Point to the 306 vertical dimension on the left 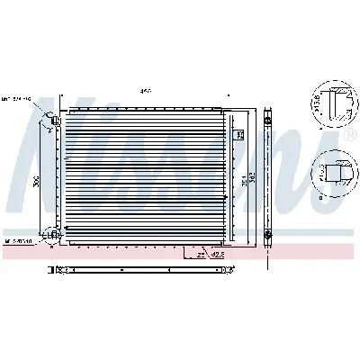37,179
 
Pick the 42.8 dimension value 216,255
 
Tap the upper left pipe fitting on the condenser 55,119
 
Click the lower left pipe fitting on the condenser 55,235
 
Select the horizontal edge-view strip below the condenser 135,268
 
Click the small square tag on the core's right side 238,135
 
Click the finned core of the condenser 144,180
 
